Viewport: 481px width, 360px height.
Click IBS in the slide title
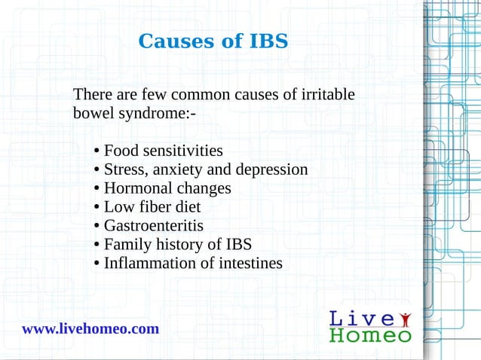pos(268,41)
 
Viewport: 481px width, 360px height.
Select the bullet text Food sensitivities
pos(163,151)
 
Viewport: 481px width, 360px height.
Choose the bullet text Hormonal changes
pos(167,188)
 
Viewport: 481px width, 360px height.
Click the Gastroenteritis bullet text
pos(153,226)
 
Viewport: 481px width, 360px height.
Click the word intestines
pos(249,264)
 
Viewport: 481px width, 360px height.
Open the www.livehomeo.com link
pos(90,329)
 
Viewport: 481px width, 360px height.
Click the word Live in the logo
pos(359,319)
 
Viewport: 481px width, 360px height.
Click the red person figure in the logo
pos(406,317)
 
